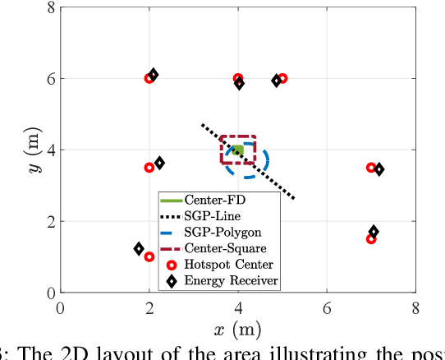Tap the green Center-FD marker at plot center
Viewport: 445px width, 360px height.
[237, 150]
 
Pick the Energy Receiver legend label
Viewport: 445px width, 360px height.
[231, 280]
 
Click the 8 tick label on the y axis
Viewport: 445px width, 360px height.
[51, 8]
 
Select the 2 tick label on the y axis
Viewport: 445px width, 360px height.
[51, 222]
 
